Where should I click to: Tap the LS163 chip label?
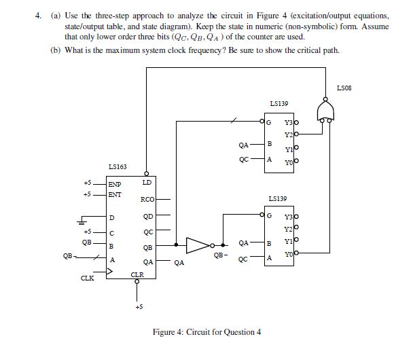(117, 166)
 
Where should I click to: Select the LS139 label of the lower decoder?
(279, 199)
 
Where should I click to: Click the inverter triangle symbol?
(198, 245)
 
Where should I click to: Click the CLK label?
(87, 278)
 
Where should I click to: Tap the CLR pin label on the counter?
(137, 274)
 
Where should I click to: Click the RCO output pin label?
(146, 199)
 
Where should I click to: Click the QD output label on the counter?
(147, 218)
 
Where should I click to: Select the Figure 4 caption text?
(215, 331)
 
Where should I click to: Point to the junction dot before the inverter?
(177, 245)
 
